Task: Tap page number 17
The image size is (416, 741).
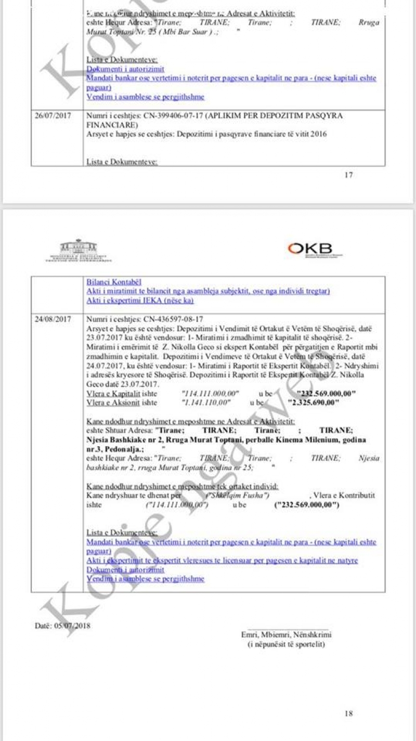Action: point(349,175)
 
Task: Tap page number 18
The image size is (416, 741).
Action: point(349,713)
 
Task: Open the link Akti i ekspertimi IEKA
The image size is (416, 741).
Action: point(140,301)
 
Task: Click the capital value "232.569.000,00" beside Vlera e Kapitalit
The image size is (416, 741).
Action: point(326,394)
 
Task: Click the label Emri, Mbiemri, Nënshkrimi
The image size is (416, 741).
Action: point(286,635)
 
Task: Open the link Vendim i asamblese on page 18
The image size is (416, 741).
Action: point(145,579)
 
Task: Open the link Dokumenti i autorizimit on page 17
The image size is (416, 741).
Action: point(125,69)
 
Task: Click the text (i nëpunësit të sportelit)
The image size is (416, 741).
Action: point(286,644)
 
